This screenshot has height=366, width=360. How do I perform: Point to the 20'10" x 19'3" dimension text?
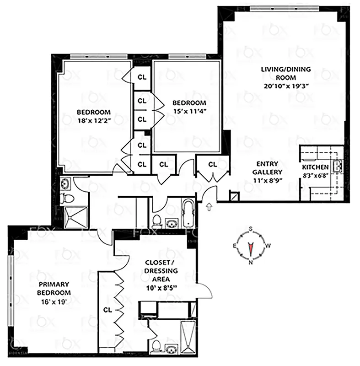point(285,85)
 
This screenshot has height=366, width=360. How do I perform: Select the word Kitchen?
point(315,167)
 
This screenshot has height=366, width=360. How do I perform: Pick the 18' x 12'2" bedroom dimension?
point(94,120)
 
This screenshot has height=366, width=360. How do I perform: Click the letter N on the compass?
point(250,263)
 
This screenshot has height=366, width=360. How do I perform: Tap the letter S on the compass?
point(251,230)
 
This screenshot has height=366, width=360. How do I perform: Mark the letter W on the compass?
point(268,246)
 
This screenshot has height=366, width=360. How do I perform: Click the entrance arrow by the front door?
point(210,207)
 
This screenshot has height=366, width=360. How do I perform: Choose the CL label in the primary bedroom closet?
point(108,309)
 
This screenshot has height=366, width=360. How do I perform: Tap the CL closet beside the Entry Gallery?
point(212,164)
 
